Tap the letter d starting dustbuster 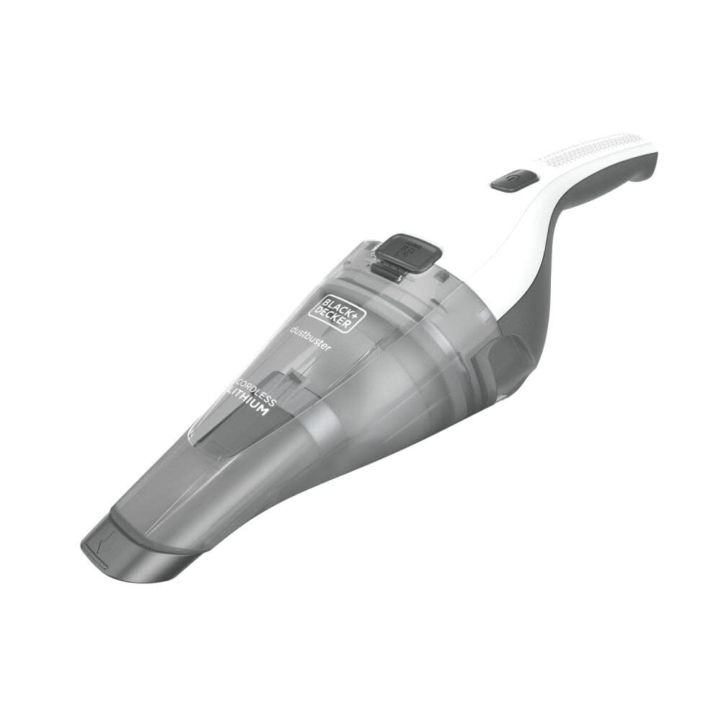click(x=293, y=333)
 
